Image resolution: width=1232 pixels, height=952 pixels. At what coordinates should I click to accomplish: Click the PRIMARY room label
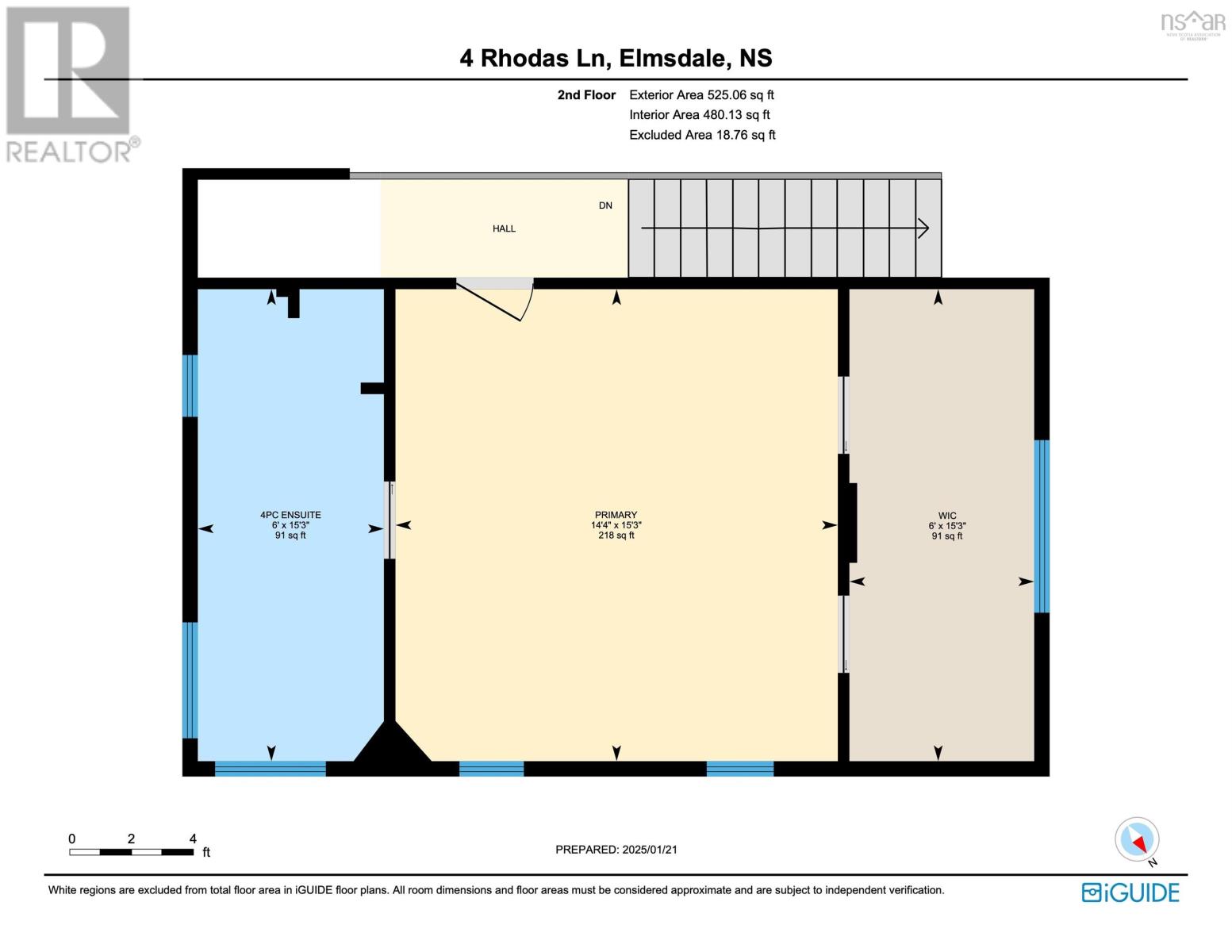[x=616, y=516]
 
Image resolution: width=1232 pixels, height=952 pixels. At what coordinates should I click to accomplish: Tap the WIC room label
[x=946, y=516]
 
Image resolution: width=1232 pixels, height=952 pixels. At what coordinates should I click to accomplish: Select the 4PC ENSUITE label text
[x=290, y=515]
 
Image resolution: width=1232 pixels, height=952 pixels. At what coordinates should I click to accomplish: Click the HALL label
[x=504, y=228]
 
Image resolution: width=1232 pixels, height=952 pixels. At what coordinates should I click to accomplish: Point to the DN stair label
[x=605, y=205]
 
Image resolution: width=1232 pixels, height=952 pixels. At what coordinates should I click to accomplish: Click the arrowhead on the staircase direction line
[x=923, y=228]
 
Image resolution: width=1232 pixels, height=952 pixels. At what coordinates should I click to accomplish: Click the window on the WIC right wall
[x=1042, y=527]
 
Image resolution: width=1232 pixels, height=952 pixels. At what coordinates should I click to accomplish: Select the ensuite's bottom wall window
[x=271, y=768]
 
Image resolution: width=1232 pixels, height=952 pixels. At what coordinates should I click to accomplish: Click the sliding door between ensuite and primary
[x=389, y=520]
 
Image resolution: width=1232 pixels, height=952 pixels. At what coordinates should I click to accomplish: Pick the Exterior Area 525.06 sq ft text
[x=701, y=95]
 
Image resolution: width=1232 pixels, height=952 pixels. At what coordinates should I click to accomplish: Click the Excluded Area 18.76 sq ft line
[x=702, y=135]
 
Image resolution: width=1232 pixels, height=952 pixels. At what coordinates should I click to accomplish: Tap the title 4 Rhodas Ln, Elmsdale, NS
[x=616, y=59]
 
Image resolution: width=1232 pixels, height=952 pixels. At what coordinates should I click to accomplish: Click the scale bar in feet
[x=131, y=852]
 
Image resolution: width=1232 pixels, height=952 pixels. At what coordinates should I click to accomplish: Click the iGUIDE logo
[x=1130, y=892]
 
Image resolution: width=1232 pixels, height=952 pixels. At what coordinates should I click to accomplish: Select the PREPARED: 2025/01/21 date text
[x=616, y=850]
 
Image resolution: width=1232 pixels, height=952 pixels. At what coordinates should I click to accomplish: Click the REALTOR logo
[x=70, y=83]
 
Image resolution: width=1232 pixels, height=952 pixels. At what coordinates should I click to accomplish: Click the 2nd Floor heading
[x=586, y=95]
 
